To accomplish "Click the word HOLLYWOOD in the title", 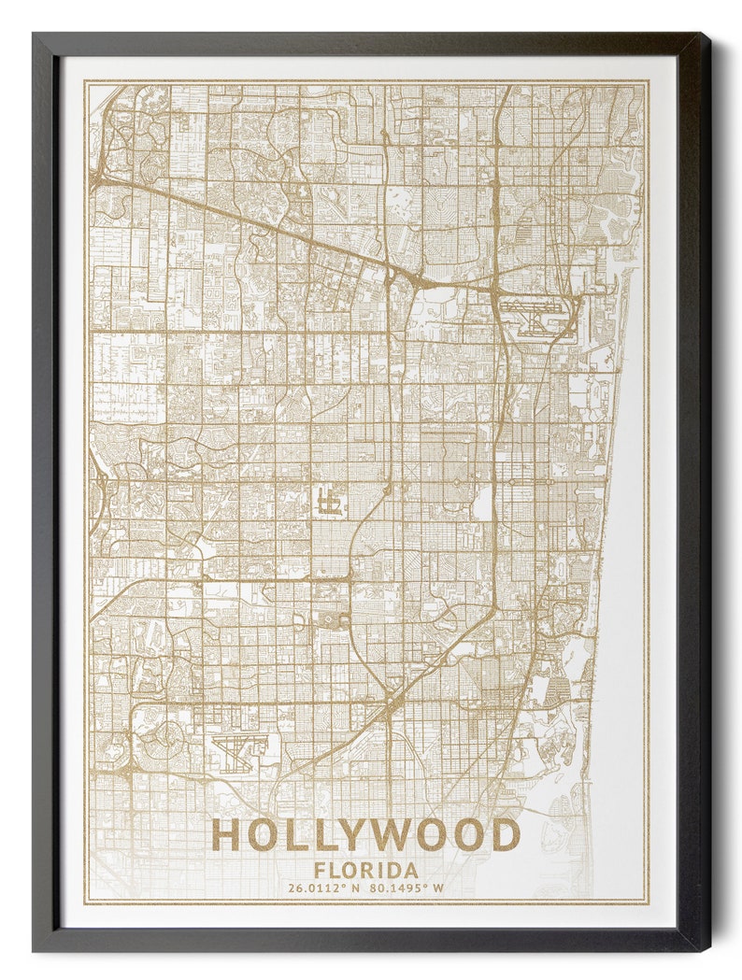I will click(x=365, y=834).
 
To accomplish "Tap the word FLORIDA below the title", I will click(x=366, y=870).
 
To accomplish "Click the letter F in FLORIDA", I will click(x=321, y=870).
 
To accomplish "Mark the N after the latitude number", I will click(x=355, y=888).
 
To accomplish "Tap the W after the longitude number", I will click(x=437, y=888).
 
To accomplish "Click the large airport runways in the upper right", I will click(x=538, y=316).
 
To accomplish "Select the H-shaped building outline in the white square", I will click(x=328, y=501).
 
